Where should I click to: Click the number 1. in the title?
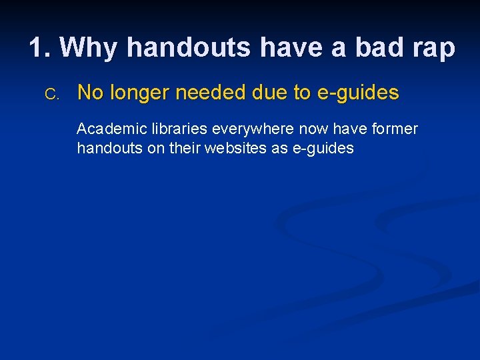[41, 48]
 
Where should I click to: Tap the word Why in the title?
[90, 48]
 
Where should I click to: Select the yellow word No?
[89, 93]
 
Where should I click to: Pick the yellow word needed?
[207, 93]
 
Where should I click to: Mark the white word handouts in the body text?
[110, 149]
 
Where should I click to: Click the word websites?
[237, 149]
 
